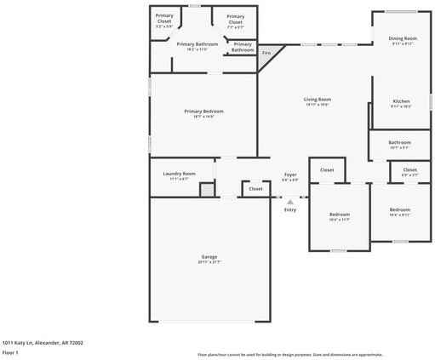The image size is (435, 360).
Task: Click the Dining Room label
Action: coord(403,38)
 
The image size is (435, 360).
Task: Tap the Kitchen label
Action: coord(401,101)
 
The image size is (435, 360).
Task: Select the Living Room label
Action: coord(317,100)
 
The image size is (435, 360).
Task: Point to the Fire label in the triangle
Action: coord(266,53)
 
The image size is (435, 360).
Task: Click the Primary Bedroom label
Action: coord(203,111)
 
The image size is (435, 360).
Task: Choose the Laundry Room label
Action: coord(179,174)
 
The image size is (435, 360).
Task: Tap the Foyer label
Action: coord(290,174)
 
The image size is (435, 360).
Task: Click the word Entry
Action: coord(290,209)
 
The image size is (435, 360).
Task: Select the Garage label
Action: coord(209,256)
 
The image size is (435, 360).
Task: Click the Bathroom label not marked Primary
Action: coord(400,142)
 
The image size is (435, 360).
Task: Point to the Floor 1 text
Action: coord(10,351)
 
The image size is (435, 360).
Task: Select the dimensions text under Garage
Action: coord(209,261)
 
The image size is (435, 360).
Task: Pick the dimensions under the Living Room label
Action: coord(317,105)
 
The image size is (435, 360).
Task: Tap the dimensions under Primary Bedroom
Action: coord(203,117)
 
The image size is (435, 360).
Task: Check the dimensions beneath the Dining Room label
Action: coord(403,43)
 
